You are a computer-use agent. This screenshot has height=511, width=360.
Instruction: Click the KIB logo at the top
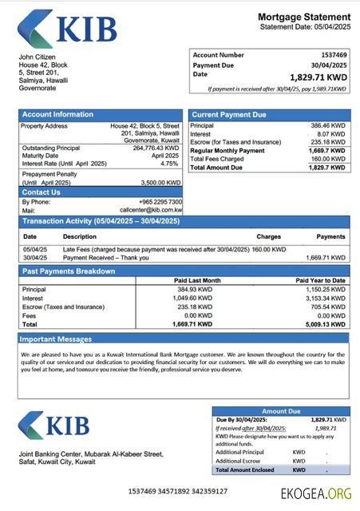[67, 30]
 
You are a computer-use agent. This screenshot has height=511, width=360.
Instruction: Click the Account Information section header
[57, 114]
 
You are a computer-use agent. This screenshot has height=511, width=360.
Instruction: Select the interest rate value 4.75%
[169, 163]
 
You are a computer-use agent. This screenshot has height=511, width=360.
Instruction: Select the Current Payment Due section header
[229, 115]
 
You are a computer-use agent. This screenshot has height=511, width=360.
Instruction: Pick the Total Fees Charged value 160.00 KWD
[327, 159]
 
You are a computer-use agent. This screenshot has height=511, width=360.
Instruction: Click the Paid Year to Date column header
[320, 280]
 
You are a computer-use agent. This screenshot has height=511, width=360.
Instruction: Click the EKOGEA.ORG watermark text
[315, 493]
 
